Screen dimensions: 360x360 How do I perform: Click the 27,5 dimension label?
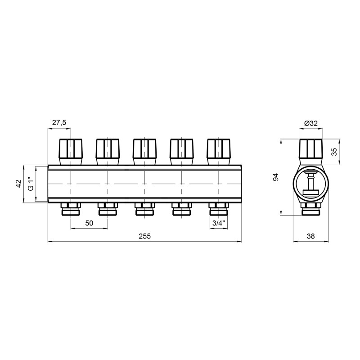click(x=59, y=122)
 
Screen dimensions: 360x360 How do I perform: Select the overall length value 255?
click(x=144, y=236)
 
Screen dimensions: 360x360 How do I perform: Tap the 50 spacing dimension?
click(x=89, y=223)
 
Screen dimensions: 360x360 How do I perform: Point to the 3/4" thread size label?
click(x=218, y=223)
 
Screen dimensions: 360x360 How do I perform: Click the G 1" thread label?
click(x=31, y=184)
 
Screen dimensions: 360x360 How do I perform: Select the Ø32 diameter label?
click(x=311, y=123)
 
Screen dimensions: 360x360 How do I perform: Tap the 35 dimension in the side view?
click(x=335, y=152)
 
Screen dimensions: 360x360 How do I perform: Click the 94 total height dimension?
click(x=275, y=177)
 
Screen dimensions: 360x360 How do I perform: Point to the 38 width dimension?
click(x=310, y=236)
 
